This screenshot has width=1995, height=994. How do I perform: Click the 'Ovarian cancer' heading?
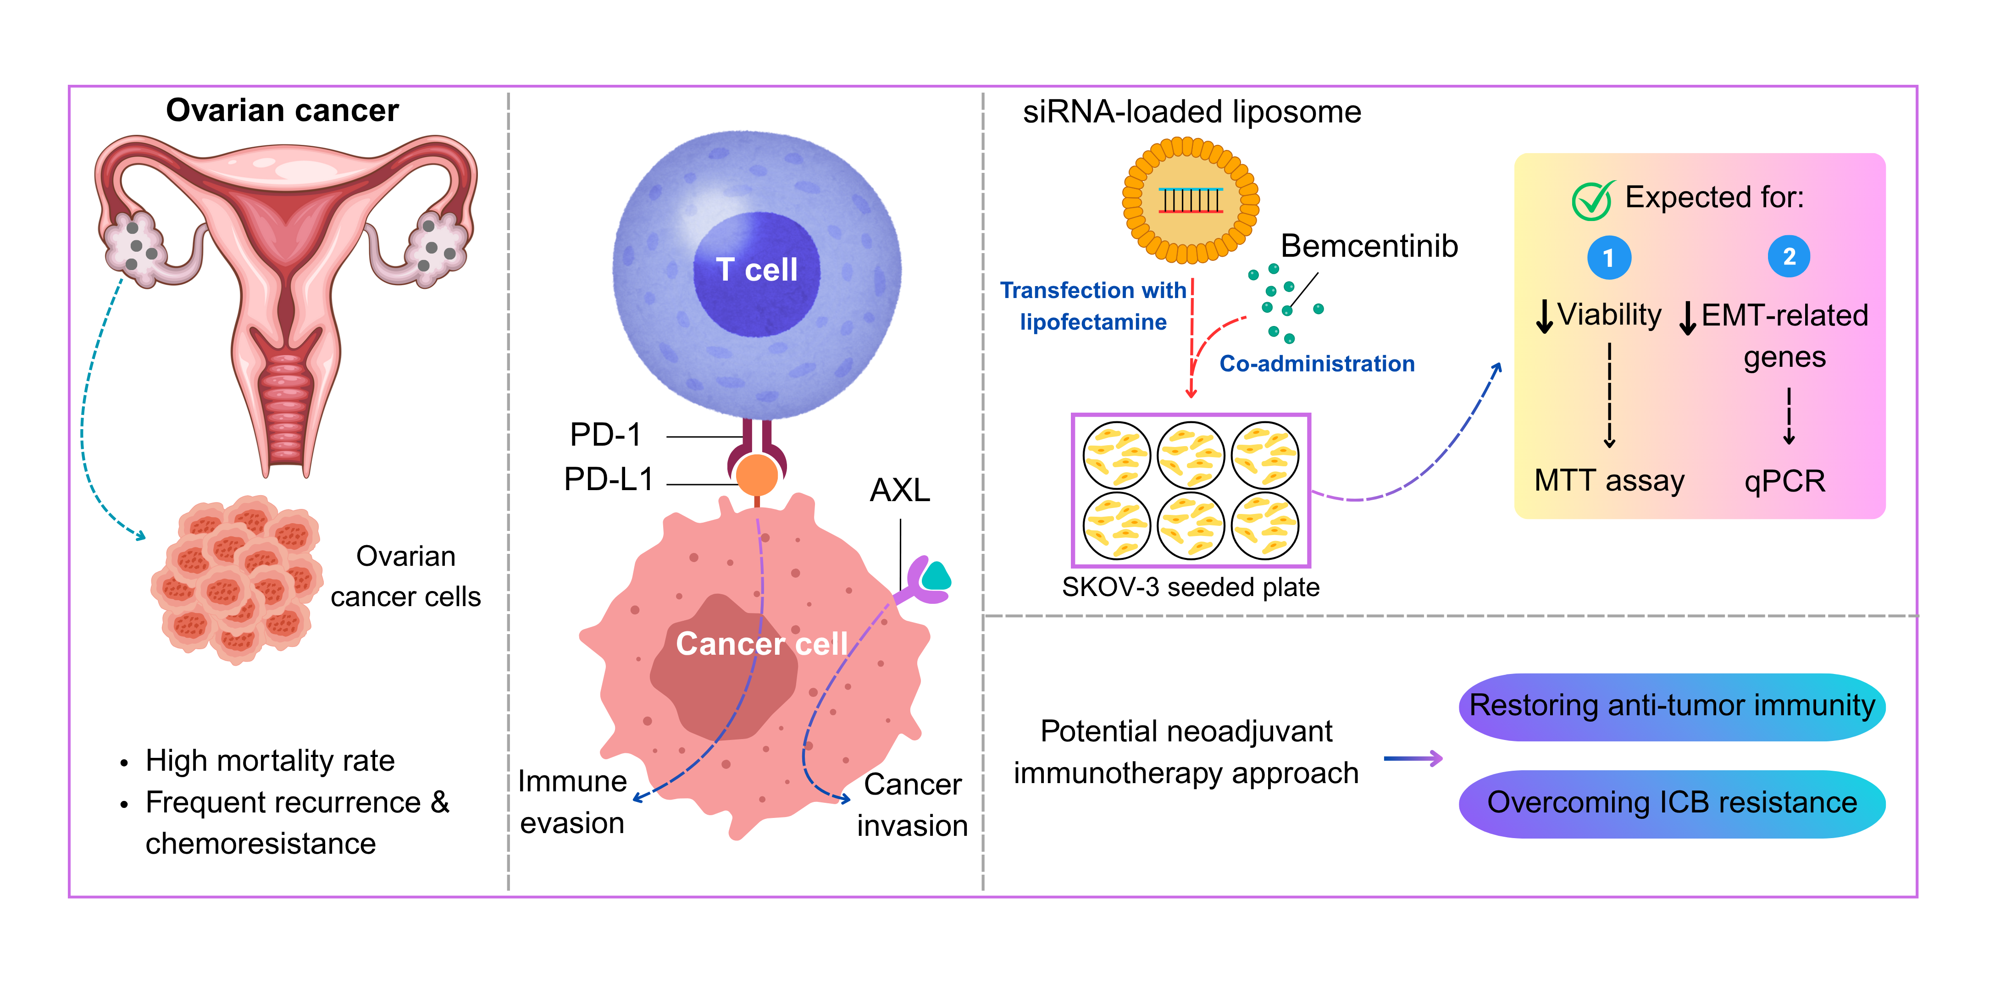point(282,110)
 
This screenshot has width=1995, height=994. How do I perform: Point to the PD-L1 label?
point(609,479)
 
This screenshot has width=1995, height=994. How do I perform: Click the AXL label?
point(900,490)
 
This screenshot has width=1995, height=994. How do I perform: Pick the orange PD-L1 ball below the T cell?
point(757,475)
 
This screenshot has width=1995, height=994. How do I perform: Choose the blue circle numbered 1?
point(1608,258)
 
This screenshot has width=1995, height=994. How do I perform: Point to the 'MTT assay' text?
point(1609,481)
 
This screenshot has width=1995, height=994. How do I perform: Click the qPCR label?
point(1784,481)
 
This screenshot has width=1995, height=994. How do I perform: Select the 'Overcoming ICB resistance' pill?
point(1672,803)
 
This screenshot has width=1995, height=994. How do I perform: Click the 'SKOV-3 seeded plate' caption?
point(1190,587)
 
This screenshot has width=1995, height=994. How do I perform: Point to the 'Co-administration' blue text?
point(1317,364)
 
